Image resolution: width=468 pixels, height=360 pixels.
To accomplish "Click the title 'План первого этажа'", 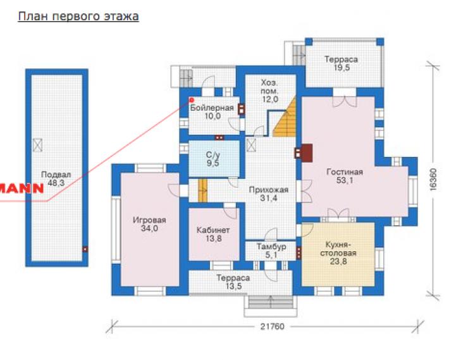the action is click(78, 16).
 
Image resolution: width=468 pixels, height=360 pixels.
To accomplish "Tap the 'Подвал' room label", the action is click(56, 175).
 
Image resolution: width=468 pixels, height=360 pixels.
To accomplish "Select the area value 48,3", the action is click(56, 183).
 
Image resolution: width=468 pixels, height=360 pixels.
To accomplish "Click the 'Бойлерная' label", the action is click(212, 108).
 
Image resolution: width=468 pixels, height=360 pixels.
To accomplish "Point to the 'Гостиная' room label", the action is click(345, 172).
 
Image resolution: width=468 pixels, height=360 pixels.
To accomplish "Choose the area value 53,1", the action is click(345, 180).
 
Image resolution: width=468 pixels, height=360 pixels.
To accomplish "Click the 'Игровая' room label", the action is click(149, 220).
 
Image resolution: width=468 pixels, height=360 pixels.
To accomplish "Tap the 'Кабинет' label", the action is click(213, 230).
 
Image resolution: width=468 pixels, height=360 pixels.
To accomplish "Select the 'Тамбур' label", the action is click(271, 247).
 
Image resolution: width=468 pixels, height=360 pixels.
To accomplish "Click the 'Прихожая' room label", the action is click(269, 190).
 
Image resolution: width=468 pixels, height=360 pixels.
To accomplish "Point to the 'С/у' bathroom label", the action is click(212, 154).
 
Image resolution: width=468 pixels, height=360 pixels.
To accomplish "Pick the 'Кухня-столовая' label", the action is click(338, 249).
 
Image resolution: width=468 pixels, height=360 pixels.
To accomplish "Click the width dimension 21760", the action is click(272, 326).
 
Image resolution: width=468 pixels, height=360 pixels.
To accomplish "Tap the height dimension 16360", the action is click(433, 180).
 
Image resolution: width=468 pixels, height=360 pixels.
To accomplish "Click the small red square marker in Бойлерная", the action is click(192, 101).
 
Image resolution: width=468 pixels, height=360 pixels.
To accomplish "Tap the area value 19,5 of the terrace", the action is click(342, 68).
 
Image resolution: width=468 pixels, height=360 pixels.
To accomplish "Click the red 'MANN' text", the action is click(22, 189).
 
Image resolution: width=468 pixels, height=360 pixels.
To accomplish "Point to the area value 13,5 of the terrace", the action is click(233, 286).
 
